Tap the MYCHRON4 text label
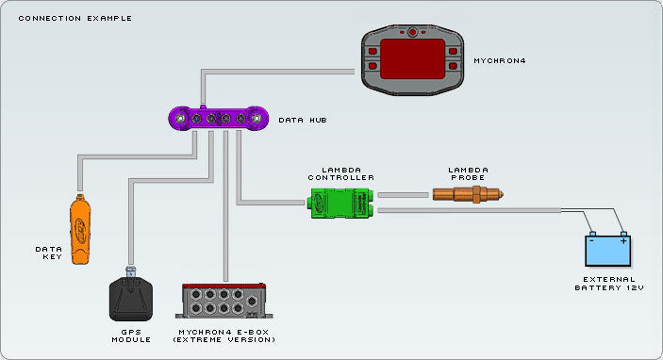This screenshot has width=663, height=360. tap(501, 61)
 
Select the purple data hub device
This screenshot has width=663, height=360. tap(216, 119)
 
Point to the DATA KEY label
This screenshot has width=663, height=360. tap(49, 253)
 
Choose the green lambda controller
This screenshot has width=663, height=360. tap(341, 201)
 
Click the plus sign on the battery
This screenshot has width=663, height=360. tap(622, 240)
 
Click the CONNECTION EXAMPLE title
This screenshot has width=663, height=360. tap(75, 18)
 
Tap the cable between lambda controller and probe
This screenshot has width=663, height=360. tap(404, 195)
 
